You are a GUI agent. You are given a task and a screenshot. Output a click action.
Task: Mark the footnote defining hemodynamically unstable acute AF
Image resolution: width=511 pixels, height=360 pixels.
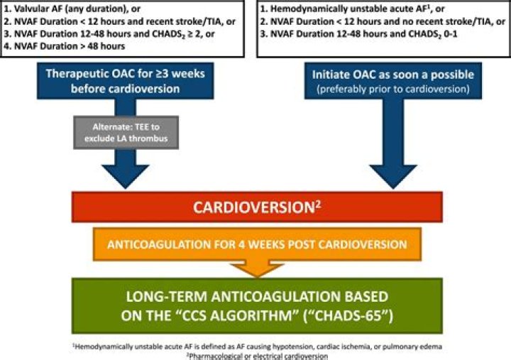pos(255,345)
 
